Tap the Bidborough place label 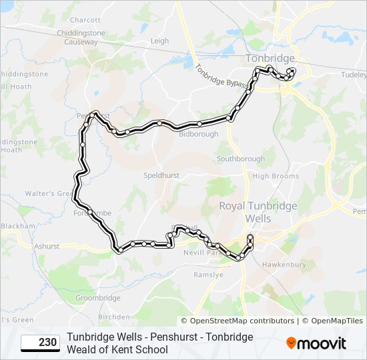[199, 134]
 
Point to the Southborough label [240, 159]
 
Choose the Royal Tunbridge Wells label [258, 212]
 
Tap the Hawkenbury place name [284, 265]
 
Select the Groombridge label [97, 298]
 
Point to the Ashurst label [47, 246]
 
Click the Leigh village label [159, 41]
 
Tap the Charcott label [85, 21]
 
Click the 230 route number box [39, 343]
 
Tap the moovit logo [316, 343]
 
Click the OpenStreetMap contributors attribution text [238, 321]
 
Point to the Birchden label [114, 317]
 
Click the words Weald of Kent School [117, 349]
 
